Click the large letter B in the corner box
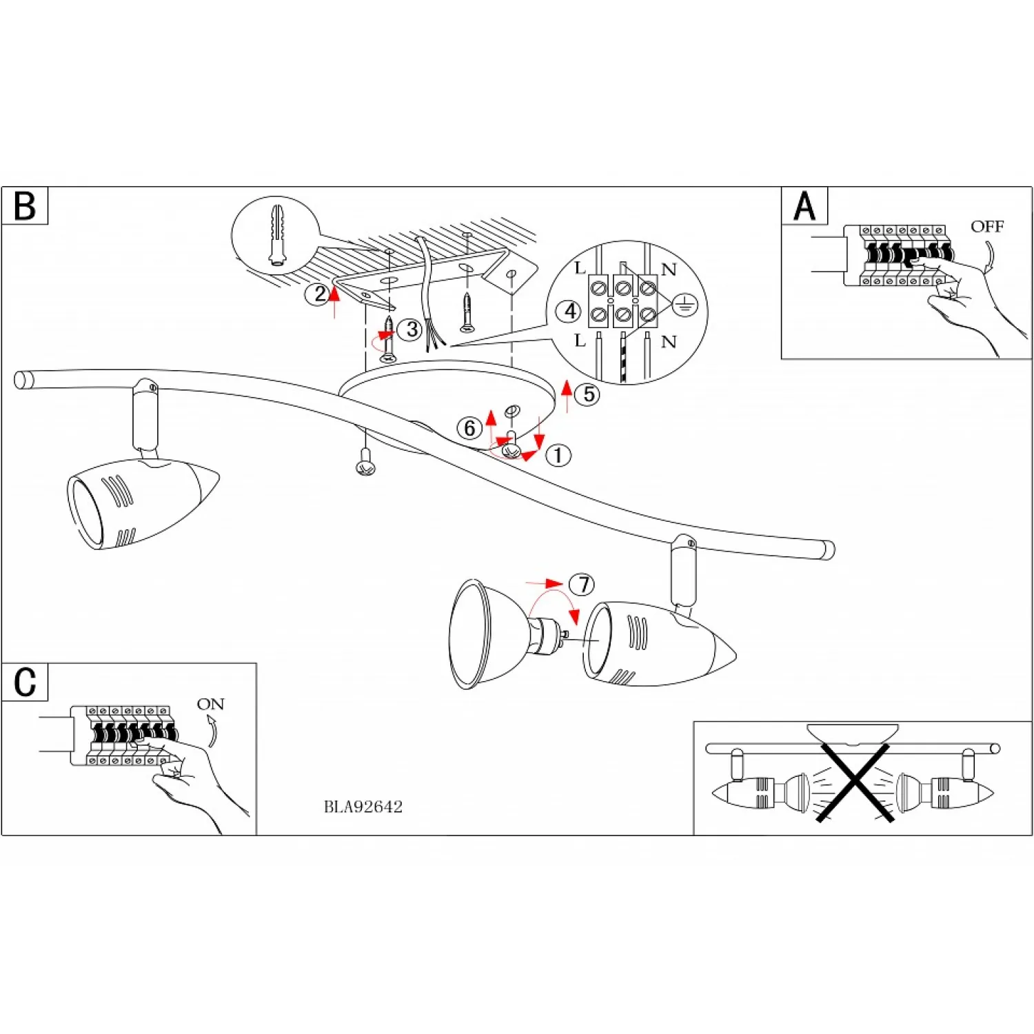pyautogui.click(x=25, y=205)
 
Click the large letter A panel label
pyautogui.click(x=804, y=205)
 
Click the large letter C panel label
pyautogui.click(x=25, y=682)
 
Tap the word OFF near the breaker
pyautogui.click(x=986, y=227)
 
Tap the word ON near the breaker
pyautogui.click(x=210, y=704)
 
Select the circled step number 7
pyautogui.click(x=582, y=585)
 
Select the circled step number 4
pyautogui.click(x=569, y=312)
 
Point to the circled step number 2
pyautogui.click(x=318, y=295)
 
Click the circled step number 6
pyautogui.click(x=469, y=428)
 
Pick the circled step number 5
pyautogui.click(x=588, y=394)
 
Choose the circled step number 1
pyautogui.click(x=558, y=456)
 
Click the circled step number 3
pyautogui.click(x=412, y=330)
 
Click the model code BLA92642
pyautogui.click(x=363, y=807)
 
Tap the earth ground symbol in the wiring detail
pyautogui.click(x=685, y=305)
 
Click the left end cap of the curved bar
pyautogui.click(x=23, y=380)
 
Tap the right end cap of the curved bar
pyautogui.click(x=828, y=549)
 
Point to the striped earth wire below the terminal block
pyautogui.click(x=624, y=357)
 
